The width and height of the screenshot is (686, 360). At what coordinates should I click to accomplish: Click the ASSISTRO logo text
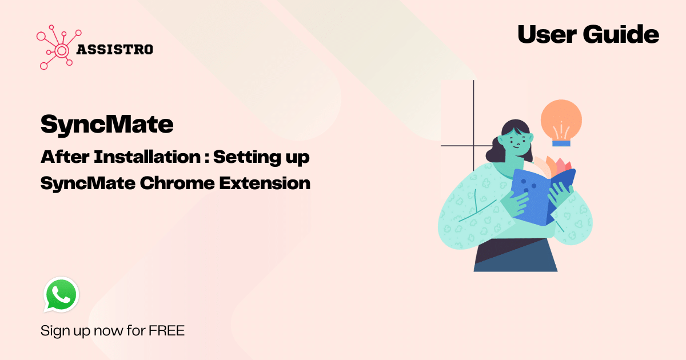(114, 50)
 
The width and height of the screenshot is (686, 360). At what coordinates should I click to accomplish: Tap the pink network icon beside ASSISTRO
(59, 47)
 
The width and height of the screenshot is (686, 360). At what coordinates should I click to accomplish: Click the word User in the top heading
(547, 34)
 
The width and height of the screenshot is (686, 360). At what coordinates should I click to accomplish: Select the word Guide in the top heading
(621, 34)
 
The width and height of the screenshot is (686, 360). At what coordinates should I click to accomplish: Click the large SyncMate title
(107, 125)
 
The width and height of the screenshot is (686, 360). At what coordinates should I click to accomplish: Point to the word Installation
(147, 157)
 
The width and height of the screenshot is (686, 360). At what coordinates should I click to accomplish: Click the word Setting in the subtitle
(246, 157)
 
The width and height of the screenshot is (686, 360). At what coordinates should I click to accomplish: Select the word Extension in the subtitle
(265, 183)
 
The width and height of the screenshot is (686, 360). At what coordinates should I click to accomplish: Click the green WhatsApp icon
(61, 294)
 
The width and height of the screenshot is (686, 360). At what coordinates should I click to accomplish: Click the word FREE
(166, 331)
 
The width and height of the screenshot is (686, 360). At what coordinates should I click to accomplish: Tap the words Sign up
(65, 331)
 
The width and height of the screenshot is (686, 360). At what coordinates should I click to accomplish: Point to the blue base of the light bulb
(561, 143)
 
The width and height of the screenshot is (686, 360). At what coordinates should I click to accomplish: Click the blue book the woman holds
(541, 197)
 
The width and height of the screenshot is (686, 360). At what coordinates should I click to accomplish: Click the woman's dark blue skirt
(516, 255)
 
